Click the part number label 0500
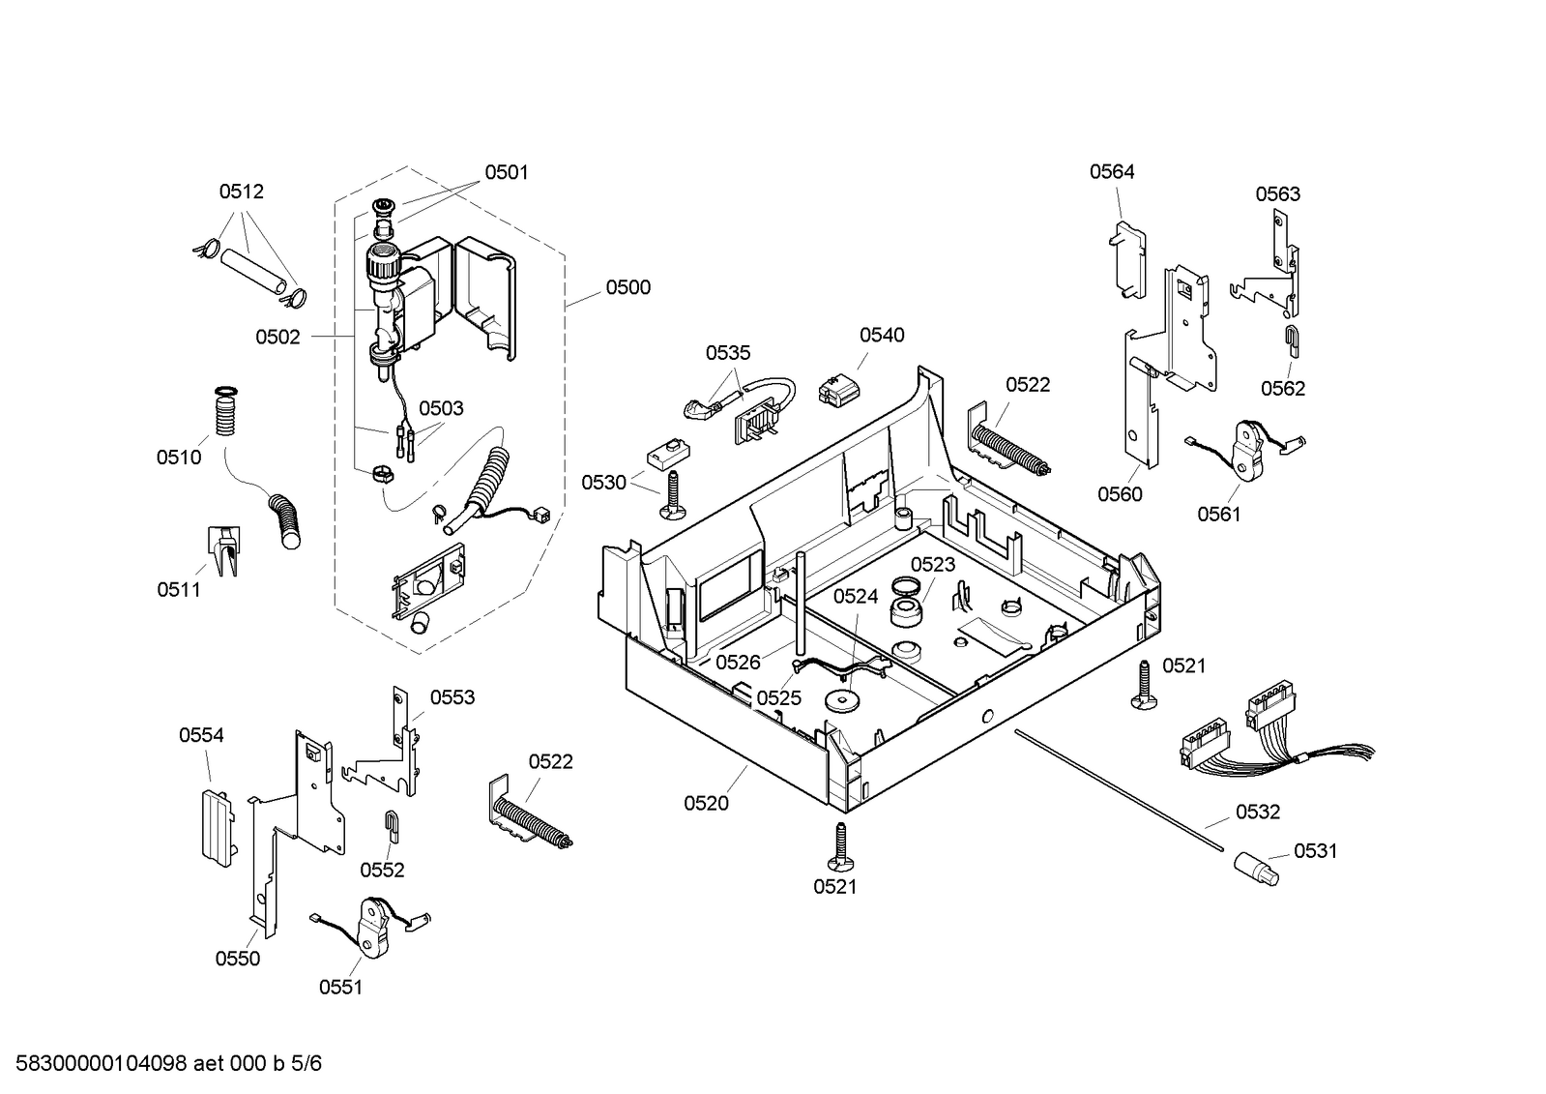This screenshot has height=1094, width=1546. point(628,287)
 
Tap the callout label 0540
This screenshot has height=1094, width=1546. point(882,335)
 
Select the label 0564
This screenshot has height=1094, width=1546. point(1112,171)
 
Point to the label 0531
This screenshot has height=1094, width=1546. point(1316,851)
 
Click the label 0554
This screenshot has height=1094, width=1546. point(201,735)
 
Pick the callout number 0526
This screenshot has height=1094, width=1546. point(738,663)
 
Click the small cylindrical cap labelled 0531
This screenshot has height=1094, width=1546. point(1256,869)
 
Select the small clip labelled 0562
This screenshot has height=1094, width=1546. point(1292,341)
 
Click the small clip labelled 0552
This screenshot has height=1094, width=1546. point(392,826)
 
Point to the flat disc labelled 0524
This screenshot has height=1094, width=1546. point(839,700)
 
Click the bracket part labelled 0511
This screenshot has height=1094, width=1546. point(224,550)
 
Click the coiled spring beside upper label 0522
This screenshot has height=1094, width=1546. point(1011,448)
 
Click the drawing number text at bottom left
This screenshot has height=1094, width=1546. point(168,1063)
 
